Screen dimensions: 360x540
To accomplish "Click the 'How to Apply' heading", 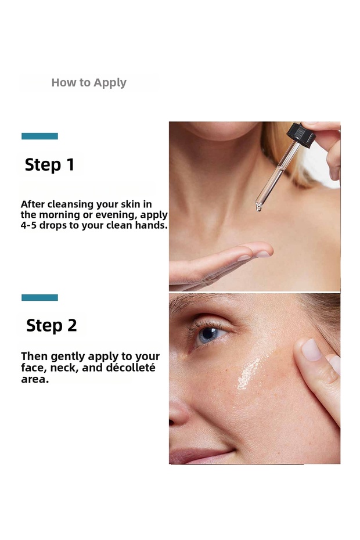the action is (89, 83).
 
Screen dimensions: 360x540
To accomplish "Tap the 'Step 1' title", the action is (49, 165).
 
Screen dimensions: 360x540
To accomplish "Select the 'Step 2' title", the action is (51, 325).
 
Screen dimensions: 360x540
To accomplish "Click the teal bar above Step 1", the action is (39, 136).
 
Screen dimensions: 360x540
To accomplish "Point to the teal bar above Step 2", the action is (39, 297).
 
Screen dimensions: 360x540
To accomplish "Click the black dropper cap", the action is (301, 134).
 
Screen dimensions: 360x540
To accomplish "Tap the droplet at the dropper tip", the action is (258, 207).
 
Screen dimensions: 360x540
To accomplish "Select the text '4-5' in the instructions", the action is (28, 225).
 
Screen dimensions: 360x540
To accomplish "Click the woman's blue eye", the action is (209, 334).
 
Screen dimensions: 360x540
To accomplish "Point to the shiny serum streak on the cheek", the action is (248, 373).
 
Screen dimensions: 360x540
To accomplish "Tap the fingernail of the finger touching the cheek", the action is (311, 350).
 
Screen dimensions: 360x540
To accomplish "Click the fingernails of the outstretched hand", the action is (254, 255).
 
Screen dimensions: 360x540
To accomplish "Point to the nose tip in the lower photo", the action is (178, 413).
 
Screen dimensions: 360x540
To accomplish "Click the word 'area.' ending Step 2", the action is (35, 379).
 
